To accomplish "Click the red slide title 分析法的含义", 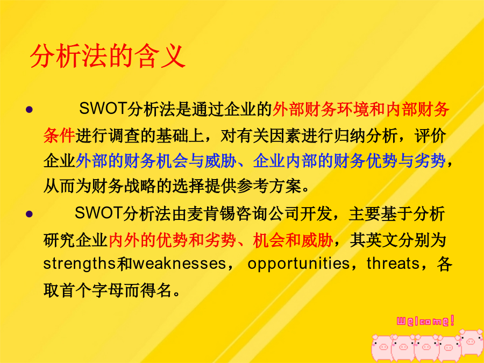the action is [x=108, y=56].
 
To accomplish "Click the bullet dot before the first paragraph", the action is [x=30, y=109].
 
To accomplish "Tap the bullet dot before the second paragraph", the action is [x=30, y=214].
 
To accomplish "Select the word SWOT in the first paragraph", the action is [x=103, y=108].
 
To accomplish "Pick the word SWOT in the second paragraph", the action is [x=99, y=212].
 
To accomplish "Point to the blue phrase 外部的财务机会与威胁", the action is [x=156, y=161].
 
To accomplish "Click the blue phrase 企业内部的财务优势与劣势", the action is [x=350, y=161].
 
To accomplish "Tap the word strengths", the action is [x=80, y=264].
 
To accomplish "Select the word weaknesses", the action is [x=180, y=264].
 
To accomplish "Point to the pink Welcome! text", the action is [x=425, y=321].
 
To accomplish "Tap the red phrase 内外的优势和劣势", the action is [x=172, y=240].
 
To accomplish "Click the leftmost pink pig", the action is [x=382, y=347].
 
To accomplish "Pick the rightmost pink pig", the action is [x=471, y=342].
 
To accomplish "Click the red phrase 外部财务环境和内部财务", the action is [x=361, y=109].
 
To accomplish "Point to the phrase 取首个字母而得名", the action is [x=107, y=290].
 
